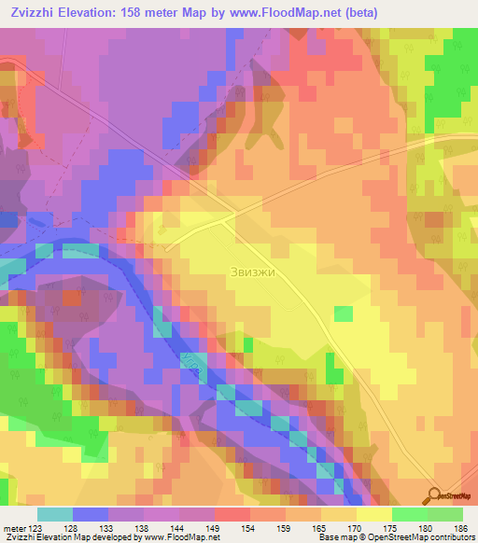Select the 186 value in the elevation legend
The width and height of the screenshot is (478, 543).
(x=460, y=526)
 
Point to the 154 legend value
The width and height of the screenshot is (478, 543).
(x=249, y=526)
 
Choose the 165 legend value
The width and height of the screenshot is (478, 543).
(x=320, y=526)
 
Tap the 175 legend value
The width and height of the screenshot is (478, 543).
(x=390, y=526)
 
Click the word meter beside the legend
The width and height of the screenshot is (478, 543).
(x=13, y=526)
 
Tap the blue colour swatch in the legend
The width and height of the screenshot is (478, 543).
(x=91, y=514)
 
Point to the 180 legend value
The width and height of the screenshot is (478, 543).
(x=426, y=526)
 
